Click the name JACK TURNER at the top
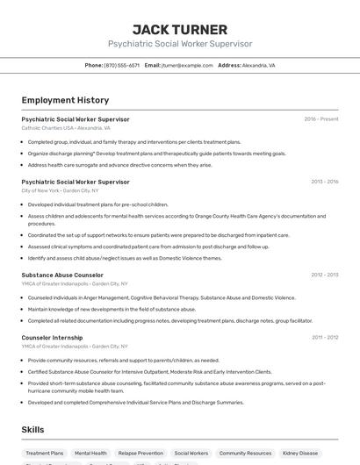coord(179,29)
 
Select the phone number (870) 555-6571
coord(121,65)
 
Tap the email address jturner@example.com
coord(188,65)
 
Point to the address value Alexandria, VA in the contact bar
coord(259,65)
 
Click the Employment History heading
coord(65,100)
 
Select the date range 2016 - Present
coord(320,119)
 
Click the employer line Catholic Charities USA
coord(65,128)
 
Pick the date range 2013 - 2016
coord(324,182)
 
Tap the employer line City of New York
coord(60,190)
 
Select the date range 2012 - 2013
coord(324,275)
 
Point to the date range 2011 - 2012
coord(324,337)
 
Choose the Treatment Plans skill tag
coord(44,454)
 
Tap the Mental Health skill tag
coord(90,454)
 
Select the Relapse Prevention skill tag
coord(140,454)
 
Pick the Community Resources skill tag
coord(245,454)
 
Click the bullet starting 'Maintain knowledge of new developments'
coord(112,309)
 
